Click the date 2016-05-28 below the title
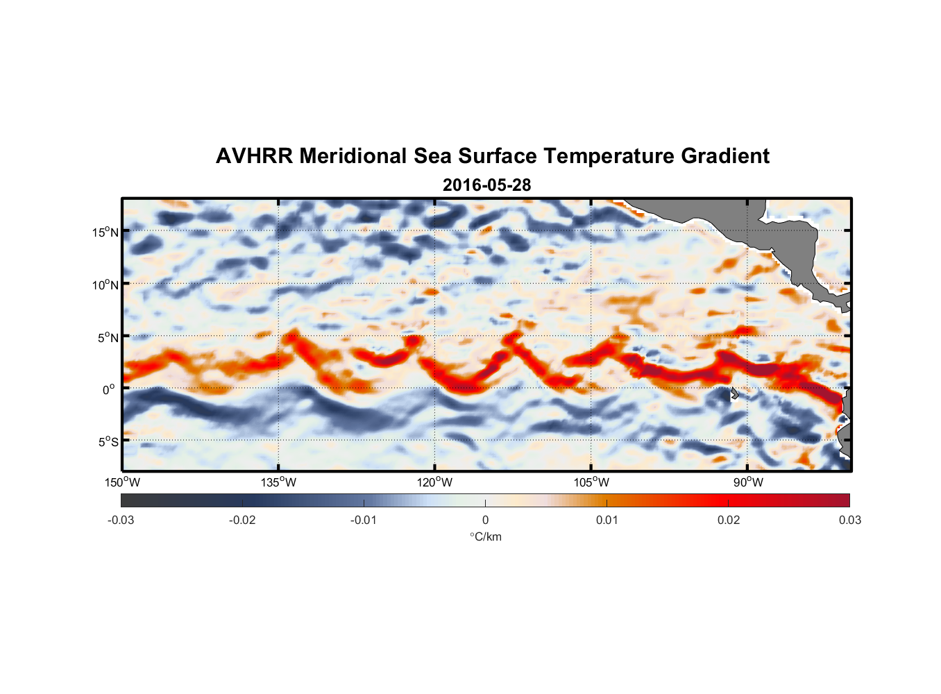tap(486, 185)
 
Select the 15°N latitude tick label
tap(105, 232)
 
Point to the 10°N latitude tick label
tap(105, 285)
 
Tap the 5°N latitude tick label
tap(108, 337)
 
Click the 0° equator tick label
tap(109, 389)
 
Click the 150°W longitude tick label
tap(123, 482)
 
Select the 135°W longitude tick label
tap(279, 482)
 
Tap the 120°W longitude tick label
tap(435, 482)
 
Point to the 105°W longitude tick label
tap(591, 482)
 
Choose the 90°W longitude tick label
tap(748, 482)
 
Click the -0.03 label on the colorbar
tap(121, 520)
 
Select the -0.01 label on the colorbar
tap(364, 520)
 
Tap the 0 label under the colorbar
tap(485, 520)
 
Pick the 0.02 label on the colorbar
tap(729, 520)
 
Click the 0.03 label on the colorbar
tap(849, 520)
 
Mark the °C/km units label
tap(485, 536)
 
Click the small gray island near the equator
tap(734, 393)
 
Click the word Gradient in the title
tap(725, 156)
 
